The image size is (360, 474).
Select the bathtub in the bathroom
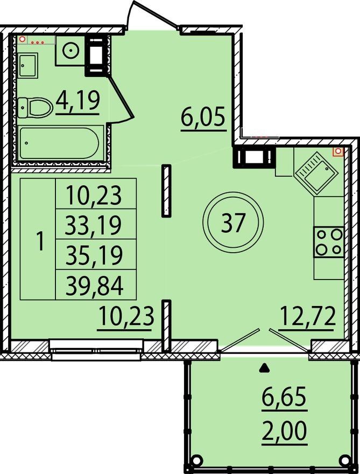point(59,143)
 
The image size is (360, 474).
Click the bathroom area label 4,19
point(77,100)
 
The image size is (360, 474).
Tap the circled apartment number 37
point(233,222)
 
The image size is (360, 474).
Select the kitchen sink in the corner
point(315,173)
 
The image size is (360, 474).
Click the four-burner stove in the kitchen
point(328,241)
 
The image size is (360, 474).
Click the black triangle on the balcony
point(264,369)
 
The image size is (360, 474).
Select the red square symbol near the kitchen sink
point(337,152)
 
